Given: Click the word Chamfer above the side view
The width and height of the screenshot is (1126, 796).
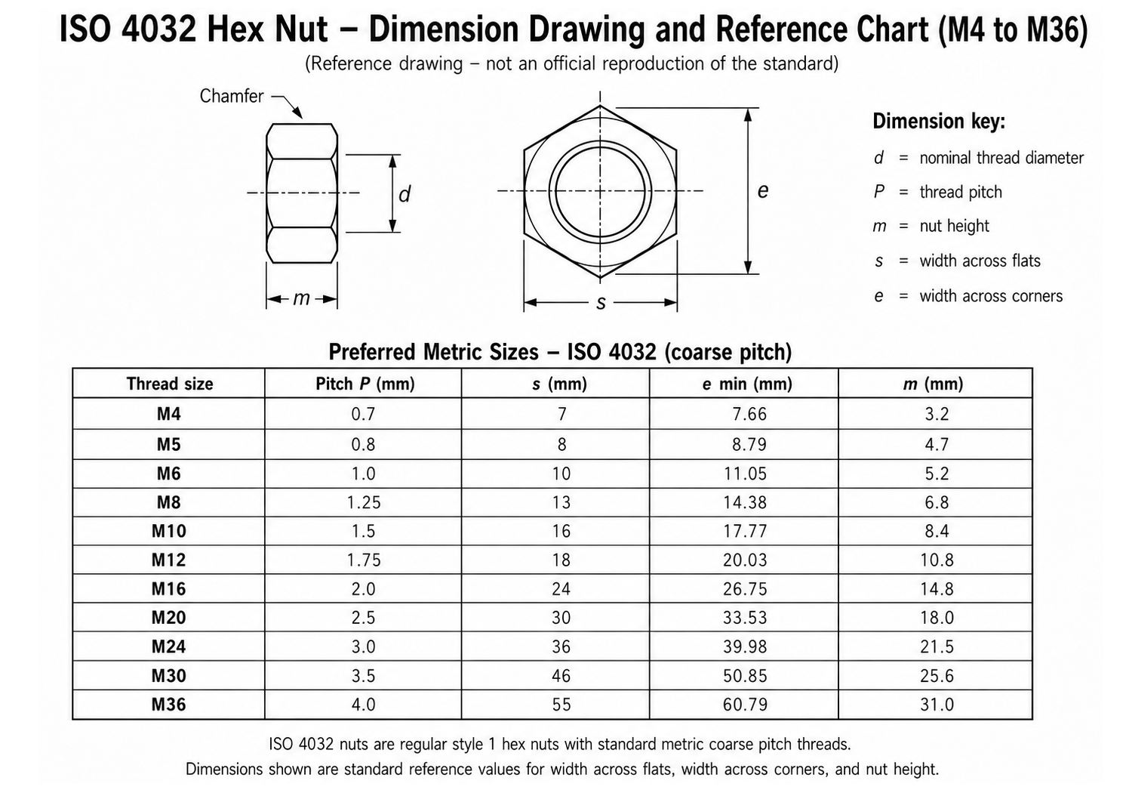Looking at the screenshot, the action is coord(231,96).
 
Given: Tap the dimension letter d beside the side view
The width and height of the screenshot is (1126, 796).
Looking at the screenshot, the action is coord(405,194).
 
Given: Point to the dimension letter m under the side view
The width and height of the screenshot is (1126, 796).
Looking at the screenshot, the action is coord(301,298).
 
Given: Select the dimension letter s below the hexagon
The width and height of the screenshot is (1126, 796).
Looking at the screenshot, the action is coord(601,303).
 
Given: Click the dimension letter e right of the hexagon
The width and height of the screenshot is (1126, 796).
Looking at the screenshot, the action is coord(762,191).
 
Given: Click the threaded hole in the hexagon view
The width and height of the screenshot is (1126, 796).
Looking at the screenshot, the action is coord(600,191).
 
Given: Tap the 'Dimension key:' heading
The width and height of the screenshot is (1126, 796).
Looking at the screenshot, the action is coord(939,122).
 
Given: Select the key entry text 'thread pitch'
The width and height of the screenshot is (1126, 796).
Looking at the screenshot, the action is coord(961,193).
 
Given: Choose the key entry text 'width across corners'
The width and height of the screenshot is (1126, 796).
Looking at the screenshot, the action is coord(991,296).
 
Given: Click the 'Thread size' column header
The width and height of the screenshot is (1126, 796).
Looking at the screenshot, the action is coord(169,384).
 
